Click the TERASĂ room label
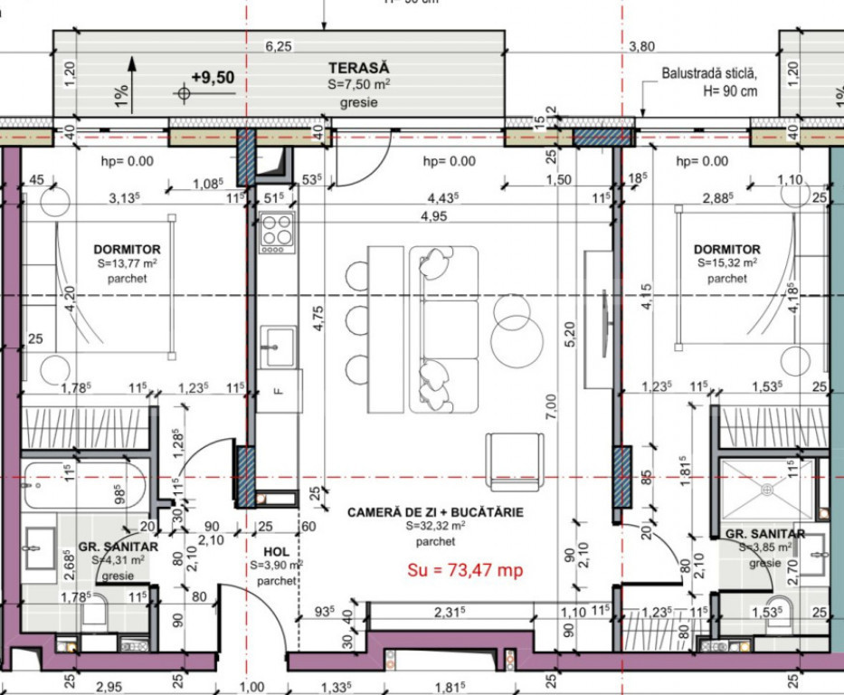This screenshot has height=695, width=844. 358,68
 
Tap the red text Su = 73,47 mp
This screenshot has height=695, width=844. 466,570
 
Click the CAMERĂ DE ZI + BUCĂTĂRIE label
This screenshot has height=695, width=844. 435,512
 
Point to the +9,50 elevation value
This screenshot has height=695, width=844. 213,78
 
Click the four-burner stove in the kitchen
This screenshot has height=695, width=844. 276,232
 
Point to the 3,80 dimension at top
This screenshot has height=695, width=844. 640,47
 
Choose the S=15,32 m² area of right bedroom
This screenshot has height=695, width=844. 726,263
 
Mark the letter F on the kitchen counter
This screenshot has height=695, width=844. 277,392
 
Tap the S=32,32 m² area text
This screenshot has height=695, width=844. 435,526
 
